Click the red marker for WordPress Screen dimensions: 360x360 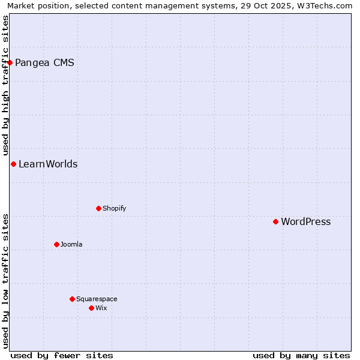pos(276,221)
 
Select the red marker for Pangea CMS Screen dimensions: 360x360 pos(10,62)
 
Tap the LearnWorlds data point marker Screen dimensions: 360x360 pos(13,164)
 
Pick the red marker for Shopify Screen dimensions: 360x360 pos(98,208)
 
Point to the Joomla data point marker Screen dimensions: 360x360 pos(56,244)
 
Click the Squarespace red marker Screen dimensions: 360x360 pos(72,299)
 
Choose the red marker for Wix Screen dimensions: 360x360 pos(91,308)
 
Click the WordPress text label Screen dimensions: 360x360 pos(305,222)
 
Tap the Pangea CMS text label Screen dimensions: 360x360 pos(44,63)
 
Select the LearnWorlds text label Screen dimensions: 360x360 pos(48,164)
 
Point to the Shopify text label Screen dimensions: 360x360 pos(114,209)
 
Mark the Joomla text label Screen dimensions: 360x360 pos(71,245)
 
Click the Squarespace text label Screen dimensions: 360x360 pos(97,299)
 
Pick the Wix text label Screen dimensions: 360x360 pos(101,308)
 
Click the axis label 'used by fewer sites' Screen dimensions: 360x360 pos(62,355)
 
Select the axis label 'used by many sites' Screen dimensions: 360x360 pos(301,355)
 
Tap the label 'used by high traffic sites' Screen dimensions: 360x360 pos(5,84)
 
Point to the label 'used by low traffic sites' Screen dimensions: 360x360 pos(5,281)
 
